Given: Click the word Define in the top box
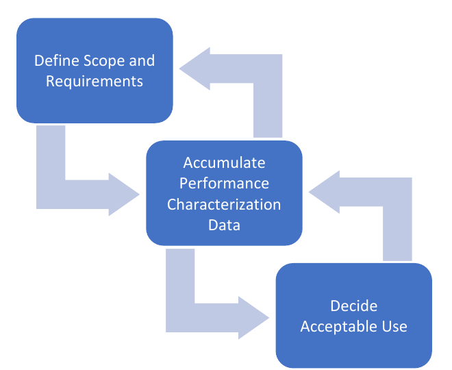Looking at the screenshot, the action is point(56,60).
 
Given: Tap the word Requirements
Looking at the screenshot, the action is point(95,82).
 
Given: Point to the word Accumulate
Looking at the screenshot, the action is point(224,162).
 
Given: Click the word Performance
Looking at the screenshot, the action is point(224,184).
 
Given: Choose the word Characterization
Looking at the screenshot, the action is point(224,204).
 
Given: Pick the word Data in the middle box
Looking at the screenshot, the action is point(224,225).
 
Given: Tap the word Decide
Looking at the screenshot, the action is point(353,306).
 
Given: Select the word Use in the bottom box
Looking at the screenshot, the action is point(394,327).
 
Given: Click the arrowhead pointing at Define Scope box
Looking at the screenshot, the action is point(194,69).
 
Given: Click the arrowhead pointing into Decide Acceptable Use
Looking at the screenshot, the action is point(253,318).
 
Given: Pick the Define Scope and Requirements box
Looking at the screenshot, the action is point(95,71).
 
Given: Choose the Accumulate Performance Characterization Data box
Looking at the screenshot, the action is point(224,193).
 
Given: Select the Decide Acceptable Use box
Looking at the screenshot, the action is point(353,315).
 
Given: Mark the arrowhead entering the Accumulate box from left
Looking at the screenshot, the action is point(124,195).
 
